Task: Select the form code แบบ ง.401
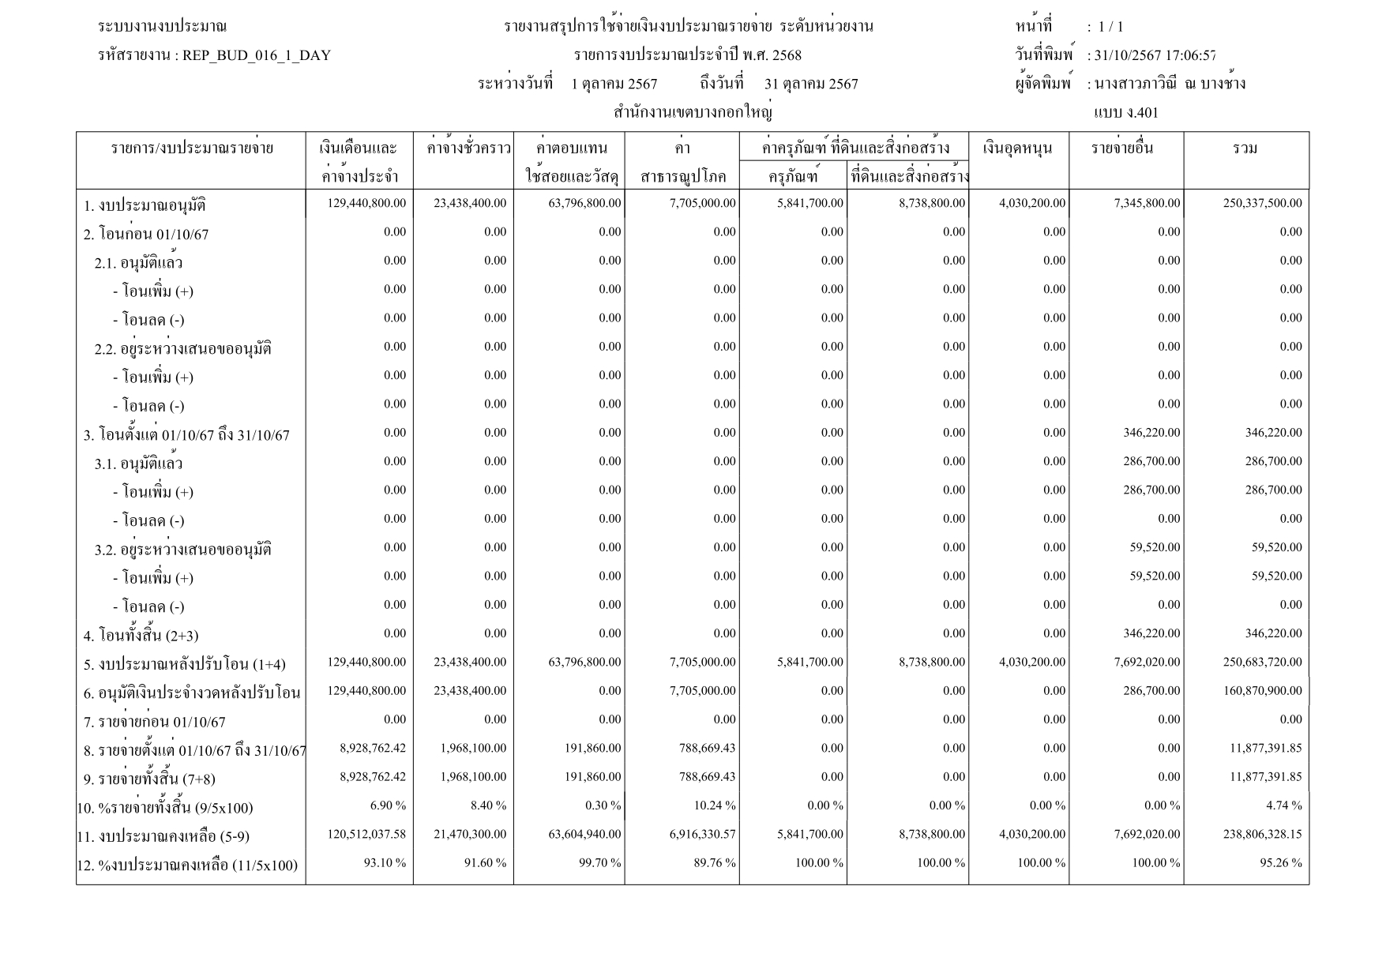(x=1125, y=113)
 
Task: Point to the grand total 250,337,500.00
(x=1262, y=204)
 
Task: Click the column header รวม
(x=1245, y=148)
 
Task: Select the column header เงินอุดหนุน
(x=1019, y=148)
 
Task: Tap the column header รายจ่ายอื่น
(x=1122, y=148)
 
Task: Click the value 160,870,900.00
(x=1262, y=691)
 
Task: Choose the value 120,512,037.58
(x=366, y=834)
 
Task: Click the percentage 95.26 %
(x=1280, y=862)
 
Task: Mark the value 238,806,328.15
(x=1262, y=834)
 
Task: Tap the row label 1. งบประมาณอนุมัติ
(x=145, y=206)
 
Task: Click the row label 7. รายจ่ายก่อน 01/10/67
(x=154, y=722)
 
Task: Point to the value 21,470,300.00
(x=470, y=834)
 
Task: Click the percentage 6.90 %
(x=388, y=805)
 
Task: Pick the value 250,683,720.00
(x=1262, y=663)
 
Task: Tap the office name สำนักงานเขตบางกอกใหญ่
(x=693, y=113)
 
